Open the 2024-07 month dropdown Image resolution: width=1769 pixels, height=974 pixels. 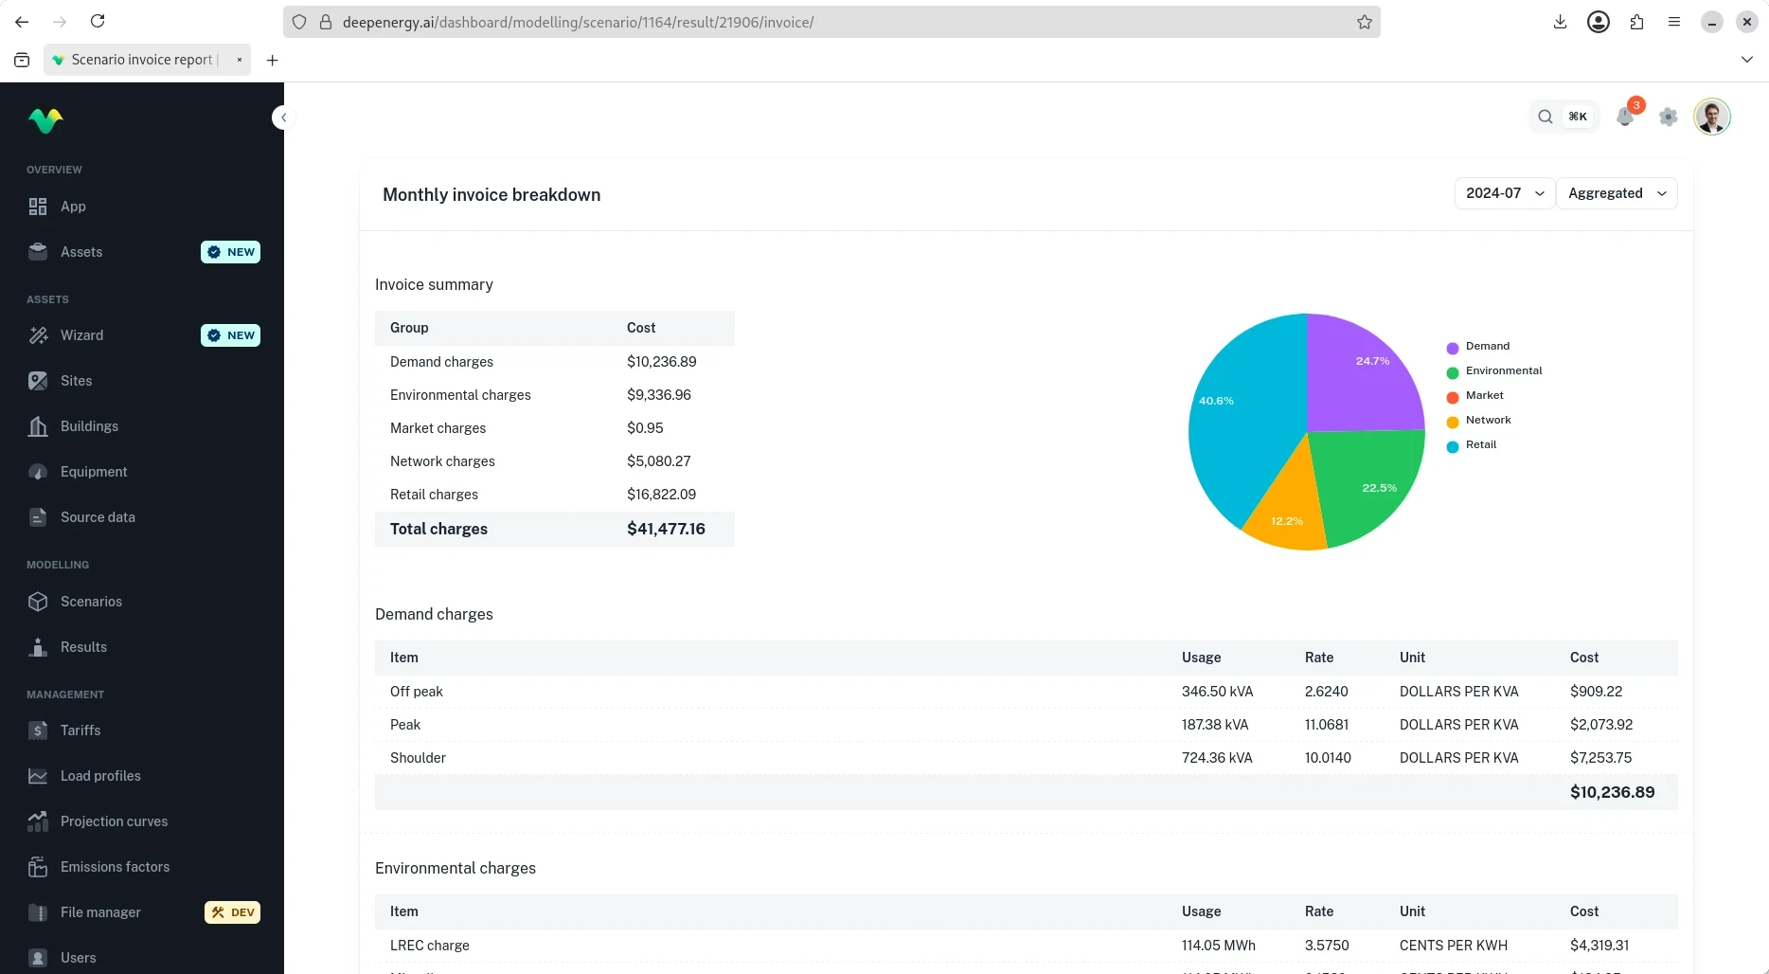coord(1505,193)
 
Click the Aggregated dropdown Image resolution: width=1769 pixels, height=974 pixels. coord(1617,193)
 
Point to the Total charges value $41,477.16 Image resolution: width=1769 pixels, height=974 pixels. coord(666,529)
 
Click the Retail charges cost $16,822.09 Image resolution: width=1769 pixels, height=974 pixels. coord(661,495)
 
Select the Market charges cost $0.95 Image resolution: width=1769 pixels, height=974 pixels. coord(645,428)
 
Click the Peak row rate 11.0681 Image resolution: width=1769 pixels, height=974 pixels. coord(1327,725)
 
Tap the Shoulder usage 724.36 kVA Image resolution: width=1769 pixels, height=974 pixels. coord(1217,758)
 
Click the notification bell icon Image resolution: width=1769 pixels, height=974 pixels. coord(1625,117)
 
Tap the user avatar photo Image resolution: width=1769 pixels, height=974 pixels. coord(1712,117)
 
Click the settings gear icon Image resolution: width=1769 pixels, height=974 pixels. coord(1669,117)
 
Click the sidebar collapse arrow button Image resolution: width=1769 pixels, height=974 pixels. coord(283,117)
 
